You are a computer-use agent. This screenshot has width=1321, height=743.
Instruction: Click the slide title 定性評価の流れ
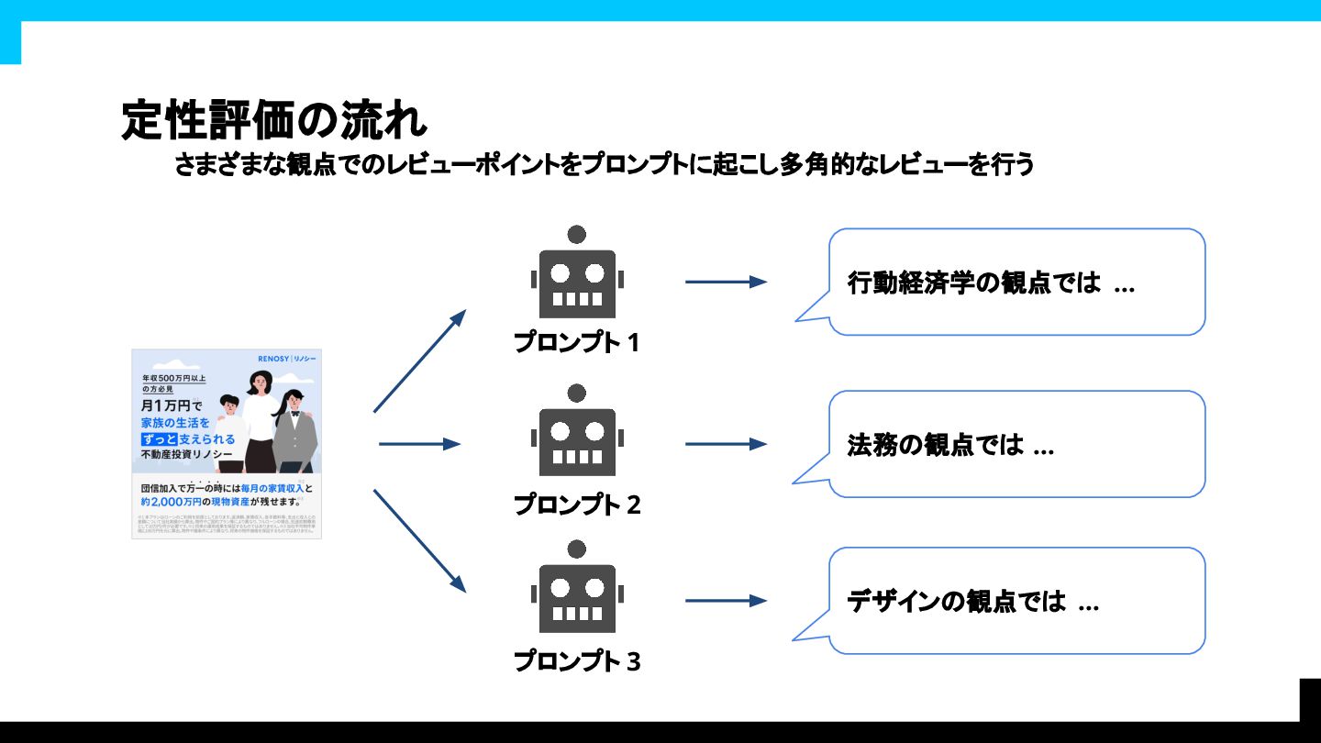coord(273,121)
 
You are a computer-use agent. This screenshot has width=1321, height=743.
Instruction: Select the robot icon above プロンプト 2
coord(577,437)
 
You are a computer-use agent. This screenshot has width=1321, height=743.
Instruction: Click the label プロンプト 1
coord(576,343)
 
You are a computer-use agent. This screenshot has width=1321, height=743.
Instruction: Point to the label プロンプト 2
coord(576,505)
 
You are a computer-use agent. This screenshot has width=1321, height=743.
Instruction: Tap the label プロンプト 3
coord(576,661)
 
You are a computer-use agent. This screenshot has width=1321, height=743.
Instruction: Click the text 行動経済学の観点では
coord(973,283)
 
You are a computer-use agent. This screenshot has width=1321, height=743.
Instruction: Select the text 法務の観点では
coord(935,446)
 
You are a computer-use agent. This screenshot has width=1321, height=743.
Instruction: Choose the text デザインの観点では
coord(957,602)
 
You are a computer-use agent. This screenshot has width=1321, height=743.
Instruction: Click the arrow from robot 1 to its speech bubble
coord(726,282)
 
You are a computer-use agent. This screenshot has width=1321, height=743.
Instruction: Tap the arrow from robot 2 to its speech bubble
coord(726,444)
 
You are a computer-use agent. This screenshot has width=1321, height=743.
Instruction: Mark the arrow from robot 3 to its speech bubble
coord(726,601)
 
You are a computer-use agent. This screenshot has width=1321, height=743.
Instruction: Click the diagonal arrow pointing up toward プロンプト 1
coord(419,361)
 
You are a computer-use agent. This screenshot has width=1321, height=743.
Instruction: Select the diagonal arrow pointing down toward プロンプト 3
coord(419,541)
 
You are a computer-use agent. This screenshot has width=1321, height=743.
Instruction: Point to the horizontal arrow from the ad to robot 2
coord(419,444)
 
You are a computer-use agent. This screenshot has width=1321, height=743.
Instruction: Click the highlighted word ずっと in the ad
coord(159,439)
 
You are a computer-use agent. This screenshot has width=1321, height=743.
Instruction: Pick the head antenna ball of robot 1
coord(577,235)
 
